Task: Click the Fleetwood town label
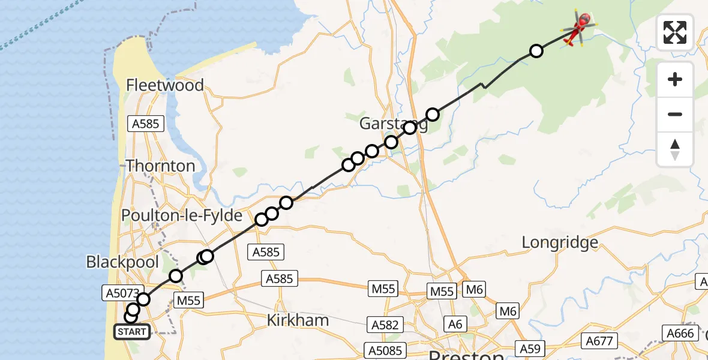point(165,85)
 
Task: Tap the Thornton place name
point(160,166)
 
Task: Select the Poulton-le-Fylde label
point(182,215)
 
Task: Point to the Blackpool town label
point(122,262)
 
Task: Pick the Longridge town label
point(560,242)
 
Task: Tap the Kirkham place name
point(298,320)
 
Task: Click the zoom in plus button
point(675,80)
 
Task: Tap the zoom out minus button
point(675,114)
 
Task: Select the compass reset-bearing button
point(675,149)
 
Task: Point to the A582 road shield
point(385,325)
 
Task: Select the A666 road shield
point(681,333)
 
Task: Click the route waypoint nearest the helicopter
point(536,51)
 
